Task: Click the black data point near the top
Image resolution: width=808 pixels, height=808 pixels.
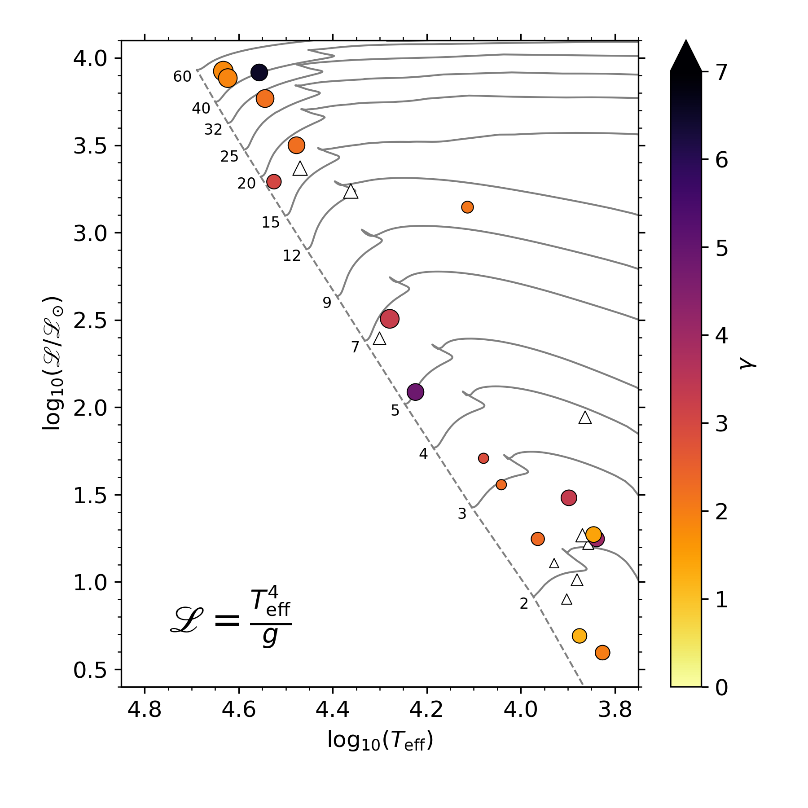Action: pos(259,72)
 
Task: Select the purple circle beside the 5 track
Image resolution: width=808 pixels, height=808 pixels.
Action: pos(415,392)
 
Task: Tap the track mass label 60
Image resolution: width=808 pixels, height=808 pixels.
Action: pos(182,77)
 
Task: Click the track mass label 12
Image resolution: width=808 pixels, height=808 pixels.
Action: pos(292,256)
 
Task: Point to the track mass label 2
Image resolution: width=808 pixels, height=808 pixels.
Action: pos(524,604)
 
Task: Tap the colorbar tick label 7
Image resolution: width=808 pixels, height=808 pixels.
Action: pos(721,72)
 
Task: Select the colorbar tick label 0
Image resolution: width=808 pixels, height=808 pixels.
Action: pos(721,687)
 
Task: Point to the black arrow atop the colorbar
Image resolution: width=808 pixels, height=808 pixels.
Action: pos(685,56)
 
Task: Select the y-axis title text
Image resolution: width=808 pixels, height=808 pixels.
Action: pos(53,364)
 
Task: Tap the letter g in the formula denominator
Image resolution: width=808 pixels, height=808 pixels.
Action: pos(270,637)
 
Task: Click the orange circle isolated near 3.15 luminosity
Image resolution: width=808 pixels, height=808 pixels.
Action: pos(467,207)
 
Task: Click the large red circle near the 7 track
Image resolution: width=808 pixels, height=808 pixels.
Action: pos(390,319)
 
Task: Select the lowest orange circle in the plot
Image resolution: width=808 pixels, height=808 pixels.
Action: pos(602,653)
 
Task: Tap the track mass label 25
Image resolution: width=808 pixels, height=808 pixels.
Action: pos(229,157)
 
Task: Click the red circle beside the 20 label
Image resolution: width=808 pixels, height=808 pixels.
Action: pos(274,182)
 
